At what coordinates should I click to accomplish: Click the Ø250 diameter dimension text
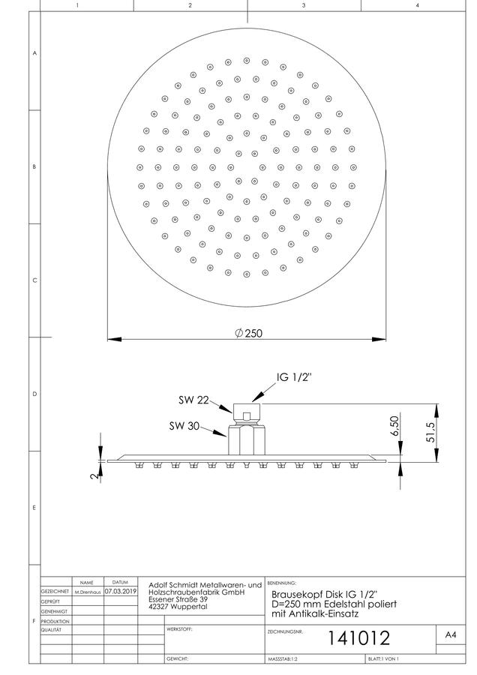(x=248, y=333)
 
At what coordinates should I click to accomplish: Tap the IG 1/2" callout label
(x=294, y=377)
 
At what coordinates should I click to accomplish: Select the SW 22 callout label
(x=193, y=400)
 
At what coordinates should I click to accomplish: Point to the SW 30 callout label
(x=184, y=426)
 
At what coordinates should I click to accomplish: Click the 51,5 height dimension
(x=430, y=431)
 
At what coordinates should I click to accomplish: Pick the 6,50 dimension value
(x=394, y=425)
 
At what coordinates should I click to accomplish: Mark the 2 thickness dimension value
(x=95, y=475)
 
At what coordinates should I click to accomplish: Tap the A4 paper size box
(x=451, y=634)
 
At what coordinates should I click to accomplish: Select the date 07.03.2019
(x=121, y=592)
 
